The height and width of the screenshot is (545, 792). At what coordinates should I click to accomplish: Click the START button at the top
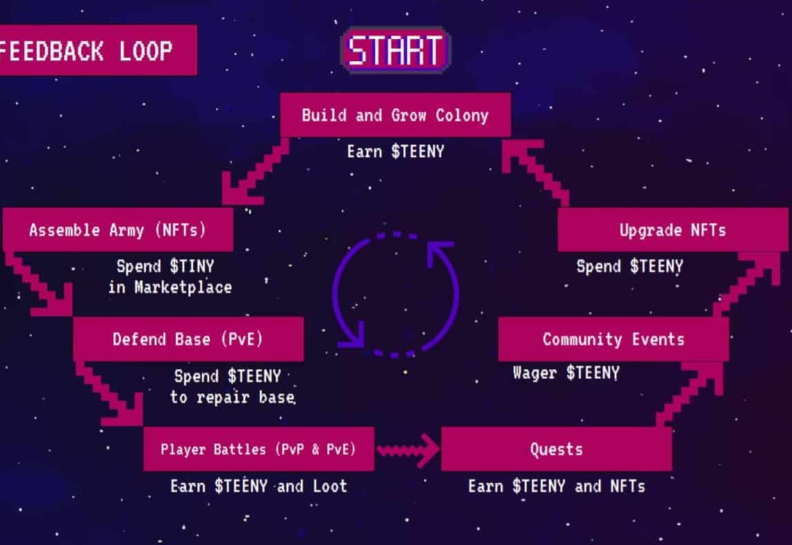(x=395, y=49)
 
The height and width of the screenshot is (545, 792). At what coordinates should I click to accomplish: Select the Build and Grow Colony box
(x=395, y=115)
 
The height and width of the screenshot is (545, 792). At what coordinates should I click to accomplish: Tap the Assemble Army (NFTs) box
(x=117, y=229)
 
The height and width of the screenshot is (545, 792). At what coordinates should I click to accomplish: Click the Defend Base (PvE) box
(x=188, y=339)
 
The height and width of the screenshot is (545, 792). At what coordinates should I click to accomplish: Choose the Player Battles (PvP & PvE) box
(x=258, y=449)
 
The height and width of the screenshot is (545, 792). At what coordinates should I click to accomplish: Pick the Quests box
(x=556, y=449)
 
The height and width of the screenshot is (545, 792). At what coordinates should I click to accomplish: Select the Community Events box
(x=613, y=339)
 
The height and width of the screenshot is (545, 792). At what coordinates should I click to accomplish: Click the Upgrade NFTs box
(x=673, y=229)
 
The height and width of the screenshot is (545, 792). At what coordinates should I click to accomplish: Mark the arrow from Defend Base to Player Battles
(x=109, y=393)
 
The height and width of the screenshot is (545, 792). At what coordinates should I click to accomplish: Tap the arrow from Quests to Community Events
(x=689, y=394)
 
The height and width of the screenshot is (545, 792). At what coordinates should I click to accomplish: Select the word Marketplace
(x=183, y=288)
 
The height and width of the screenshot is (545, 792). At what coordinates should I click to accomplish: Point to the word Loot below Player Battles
(x=330, y=487)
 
